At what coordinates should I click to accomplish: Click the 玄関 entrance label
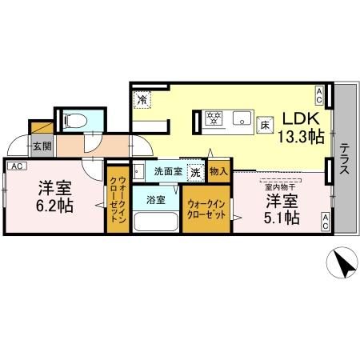[x=42, y=146]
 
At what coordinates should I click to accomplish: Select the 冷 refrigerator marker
[x=142, y=101]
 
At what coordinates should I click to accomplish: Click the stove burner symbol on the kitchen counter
[x=214, y=120]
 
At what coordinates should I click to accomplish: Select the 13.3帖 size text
[x=300, y=136]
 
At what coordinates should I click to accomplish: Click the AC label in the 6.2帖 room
[x=16, y=166]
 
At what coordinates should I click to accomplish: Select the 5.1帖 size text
[x=282, y=216]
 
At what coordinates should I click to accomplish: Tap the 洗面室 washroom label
[x=166, y=171]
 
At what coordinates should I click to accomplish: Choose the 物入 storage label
[x=218, y=170]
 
